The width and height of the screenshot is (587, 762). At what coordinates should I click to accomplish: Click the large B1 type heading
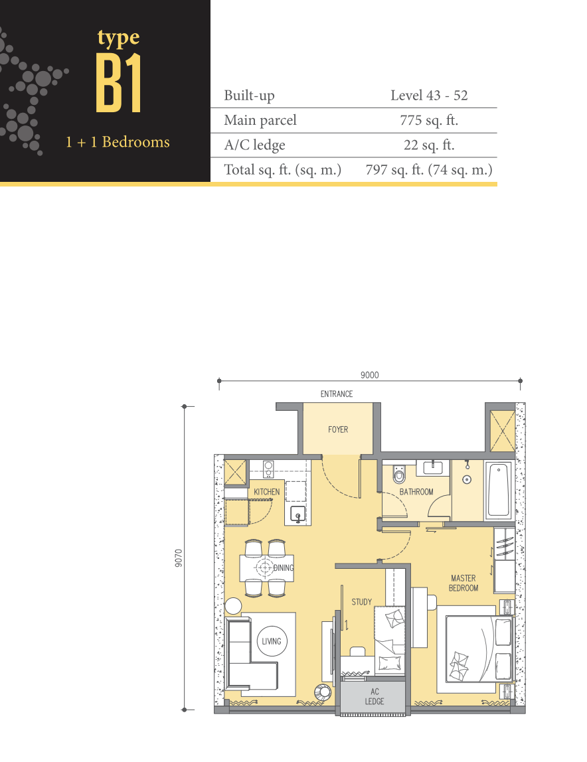click(119, 83)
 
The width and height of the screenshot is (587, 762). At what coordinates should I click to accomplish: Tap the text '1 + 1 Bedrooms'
click(118, 142)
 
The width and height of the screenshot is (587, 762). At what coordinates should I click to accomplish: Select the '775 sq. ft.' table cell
click(429, 120)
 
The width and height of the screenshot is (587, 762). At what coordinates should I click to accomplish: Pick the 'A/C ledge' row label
click(254, 145)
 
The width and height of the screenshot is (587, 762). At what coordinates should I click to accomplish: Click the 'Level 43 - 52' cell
click(429, 96)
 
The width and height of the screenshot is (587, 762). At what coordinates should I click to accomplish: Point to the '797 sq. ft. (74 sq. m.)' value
click(429, 170)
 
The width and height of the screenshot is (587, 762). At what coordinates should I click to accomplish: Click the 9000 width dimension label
click(370, 374)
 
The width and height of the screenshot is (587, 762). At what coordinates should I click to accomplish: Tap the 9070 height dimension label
click(179, 558)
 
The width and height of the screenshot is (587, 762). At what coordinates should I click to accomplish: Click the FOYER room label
click(338, 429)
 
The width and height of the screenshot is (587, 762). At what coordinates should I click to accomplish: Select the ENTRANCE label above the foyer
click(337, 394)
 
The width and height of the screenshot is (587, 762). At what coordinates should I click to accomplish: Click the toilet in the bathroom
click(399, 474)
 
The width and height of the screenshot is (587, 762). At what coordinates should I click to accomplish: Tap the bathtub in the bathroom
click(499, 491)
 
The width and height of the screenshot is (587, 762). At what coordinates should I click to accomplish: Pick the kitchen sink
click(298, 514)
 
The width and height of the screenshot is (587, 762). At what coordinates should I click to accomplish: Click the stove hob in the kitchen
click(268, 469)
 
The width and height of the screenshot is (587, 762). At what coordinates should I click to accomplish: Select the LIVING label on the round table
click(272, 641)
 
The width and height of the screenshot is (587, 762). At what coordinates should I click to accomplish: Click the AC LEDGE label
click(374, 696)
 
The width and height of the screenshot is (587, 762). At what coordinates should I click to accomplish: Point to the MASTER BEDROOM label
click(463, 583)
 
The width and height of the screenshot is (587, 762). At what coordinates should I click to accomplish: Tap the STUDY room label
click(362, 601)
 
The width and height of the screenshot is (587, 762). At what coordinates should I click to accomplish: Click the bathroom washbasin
click(432, 467)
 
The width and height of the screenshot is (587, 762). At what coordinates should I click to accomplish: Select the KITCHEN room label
click(266, 492)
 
